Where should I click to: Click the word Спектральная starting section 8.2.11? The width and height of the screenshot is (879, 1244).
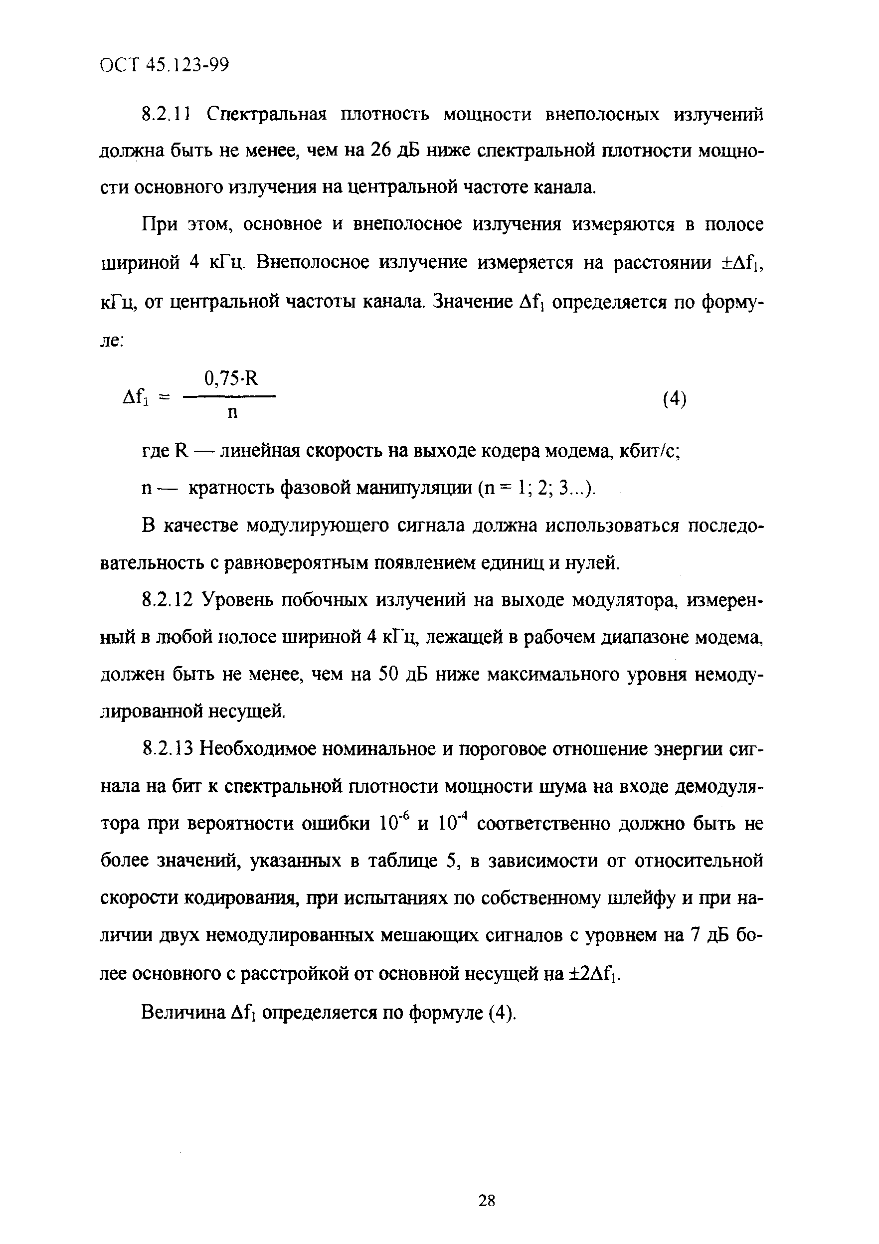pyautogui.click(x=267, y=115)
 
